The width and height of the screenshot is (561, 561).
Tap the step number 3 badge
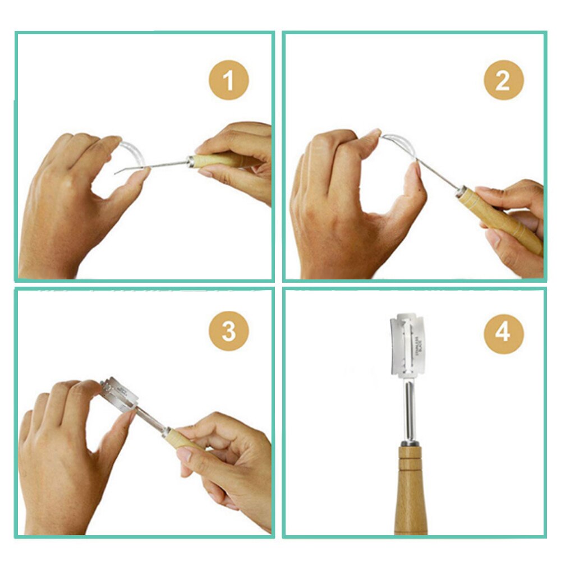click(228, 332)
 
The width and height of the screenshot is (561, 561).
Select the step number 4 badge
click(503, 333)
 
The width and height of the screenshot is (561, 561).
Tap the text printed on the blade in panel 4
click(419, 344)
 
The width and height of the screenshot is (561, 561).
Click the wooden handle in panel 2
click(502, 221)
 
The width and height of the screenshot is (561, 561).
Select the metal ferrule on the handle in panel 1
click(191, 162)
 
